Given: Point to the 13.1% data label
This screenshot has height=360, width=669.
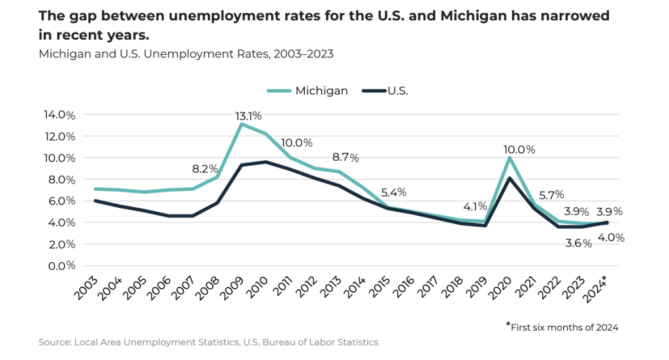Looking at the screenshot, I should [248, 116].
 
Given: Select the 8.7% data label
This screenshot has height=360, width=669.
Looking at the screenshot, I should [346, 157].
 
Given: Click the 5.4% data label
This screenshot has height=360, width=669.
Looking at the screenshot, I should [394, 192].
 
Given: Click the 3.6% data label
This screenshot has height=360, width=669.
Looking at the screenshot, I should [579, 243].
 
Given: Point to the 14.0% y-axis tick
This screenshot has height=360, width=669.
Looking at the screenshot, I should [59, 115].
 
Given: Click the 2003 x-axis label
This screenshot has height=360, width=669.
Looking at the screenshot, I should [87, 288].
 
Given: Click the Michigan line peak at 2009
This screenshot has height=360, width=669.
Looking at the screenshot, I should [242, 124].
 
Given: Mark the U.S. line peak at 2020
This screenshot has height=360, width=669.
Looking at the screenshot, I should [510, 178].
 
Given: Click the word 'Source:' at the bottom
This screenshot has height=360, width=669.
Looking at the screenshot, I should [55, 342].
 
